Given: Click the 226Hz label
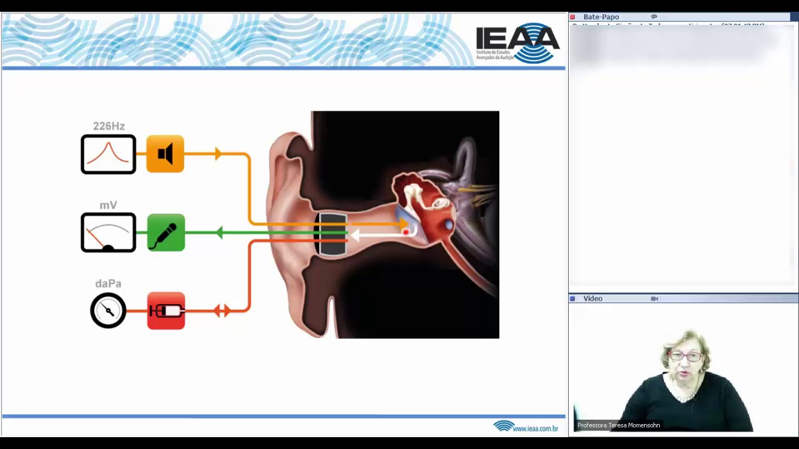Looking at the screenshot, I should [109, 126].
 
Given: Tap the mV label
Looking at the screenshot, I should [108, 205].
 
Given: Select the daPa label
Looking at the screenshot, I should [108, 284].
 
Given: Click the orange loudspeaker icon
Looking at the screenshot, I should [165, 154].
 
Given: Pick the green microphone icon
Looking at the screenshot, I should [166, 233].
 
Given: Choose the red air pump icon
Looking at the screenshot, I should [166, 311].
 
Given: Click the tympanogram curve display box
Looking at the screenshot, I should [108, 154].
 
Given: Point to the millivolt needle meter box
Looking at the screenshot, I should [108, 233].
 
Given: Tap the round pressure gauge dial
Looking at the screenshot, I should [108, 311].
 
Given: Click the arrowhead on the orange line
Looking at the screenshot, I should [218, 153].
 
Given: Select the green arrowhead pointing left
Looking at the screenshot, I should [219, 233].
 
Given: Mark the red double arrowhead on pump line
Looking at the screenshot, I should [222, 310].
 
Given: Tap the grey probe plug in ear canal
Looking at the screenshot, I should [332, 234].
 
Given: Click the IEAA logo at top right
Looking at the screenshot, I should [517, 43].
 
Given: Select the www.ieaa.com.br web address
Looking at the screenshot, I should [535, 428].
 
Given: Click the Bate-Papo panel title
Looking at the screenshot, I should [601, 17].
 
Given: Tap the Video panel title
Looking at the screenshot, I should [592, 299].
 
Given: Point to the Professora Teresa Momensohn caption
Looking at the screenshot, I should [619, 425].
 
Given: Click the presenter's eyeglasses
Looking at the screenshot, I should [685, 357].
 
